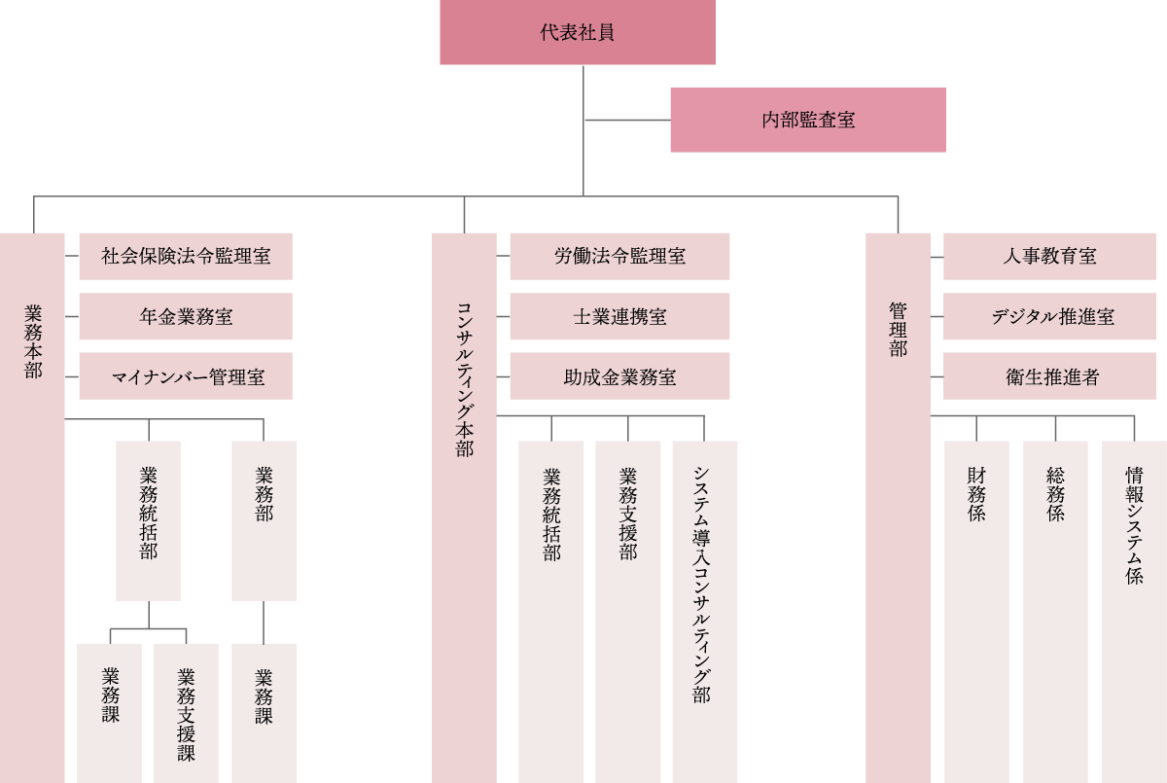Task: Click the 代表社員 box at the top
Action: [577, 32]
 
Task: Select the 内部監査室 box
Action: [807, 120]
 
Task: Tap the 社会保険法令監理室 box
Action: [185, 256]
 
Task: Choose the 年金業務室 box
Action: [185, 316]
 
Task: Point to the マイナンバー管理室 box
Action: [185, 376]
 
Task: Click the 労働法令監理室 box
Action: [619, 256]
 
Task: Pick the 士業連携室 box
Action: [619, 316]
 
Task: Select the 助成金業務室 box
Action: [619, 376]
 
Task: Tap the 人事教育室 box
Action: [1049, 256]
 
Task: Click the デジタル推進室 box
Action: [1049, 316]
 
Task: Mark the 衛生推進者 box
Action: [1049, 376]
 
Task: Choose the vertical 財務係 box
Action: [976, 584]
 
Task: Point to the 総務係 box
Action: [1055, 584]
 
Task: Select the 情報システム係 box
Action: [1134, 584]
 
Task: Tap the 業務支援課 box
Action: [186, 713]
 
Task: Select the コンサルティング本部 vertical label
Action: [464, 379]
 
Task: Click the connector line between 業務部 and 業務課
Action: [264, 622]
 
